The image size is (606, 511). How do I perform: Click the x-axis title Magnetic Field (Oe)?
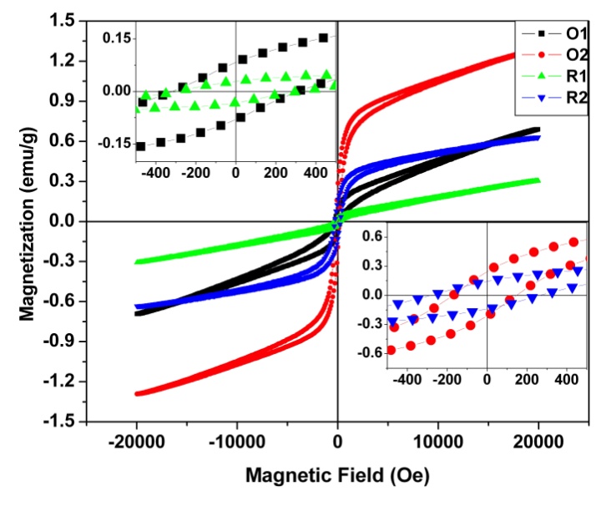337,477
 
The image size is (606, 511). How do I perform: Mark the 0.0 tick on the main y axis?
63,221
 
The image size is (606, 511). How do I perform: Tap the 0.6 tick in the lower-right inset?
371,237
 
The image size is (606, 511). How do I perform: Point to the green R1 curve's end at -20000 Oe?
137,262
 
